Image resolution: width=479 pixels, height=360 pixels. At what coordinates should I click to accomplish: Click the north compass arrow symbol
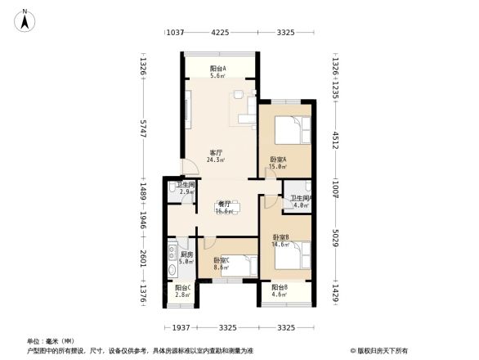pos(26,18)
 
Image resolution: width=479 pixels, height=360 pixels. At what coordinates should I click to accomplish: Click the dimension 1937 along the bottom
pos(181,327)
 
